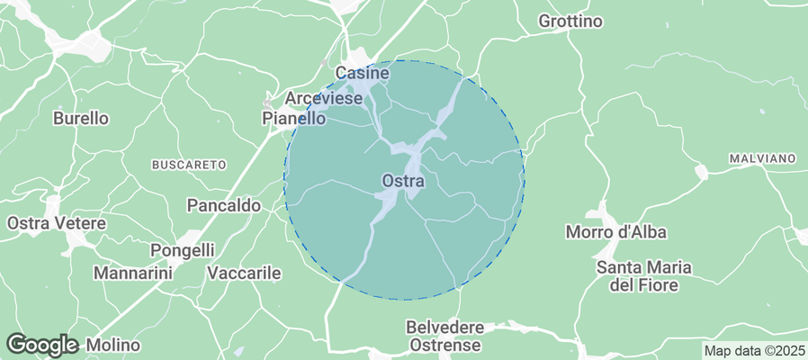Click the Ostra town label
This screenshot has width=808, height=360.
pos(403,181)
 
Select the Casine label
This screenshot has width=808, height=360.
pos(362,72)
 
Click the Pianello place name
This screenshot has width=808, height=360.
pos(293,118)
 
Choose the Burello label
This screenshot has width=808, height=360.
pos(81,118)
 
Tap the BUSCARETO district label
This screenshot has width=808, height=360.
pos(187,165)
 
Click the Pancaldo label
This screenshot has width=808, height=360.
pos(223,205)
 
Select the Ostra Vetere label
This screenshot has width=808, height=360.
pos(57,222)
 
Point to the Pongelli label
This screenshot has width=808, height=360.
pos(183,250)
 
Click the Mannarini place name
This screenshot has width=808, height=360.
pos(132,272)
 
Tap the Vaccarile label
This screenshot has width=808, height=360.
pos(244,273)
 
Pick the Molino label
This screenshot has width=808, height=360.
pos(113,345)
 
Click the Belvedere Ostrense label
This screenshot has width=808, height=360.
pos(445,336)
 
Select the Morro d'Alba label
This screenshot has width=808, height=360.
pos(615,232)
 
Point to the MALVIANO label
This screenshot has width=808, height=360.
pos(761,158)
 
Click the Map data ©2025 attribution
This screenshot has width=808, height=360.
pos(754,350)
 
